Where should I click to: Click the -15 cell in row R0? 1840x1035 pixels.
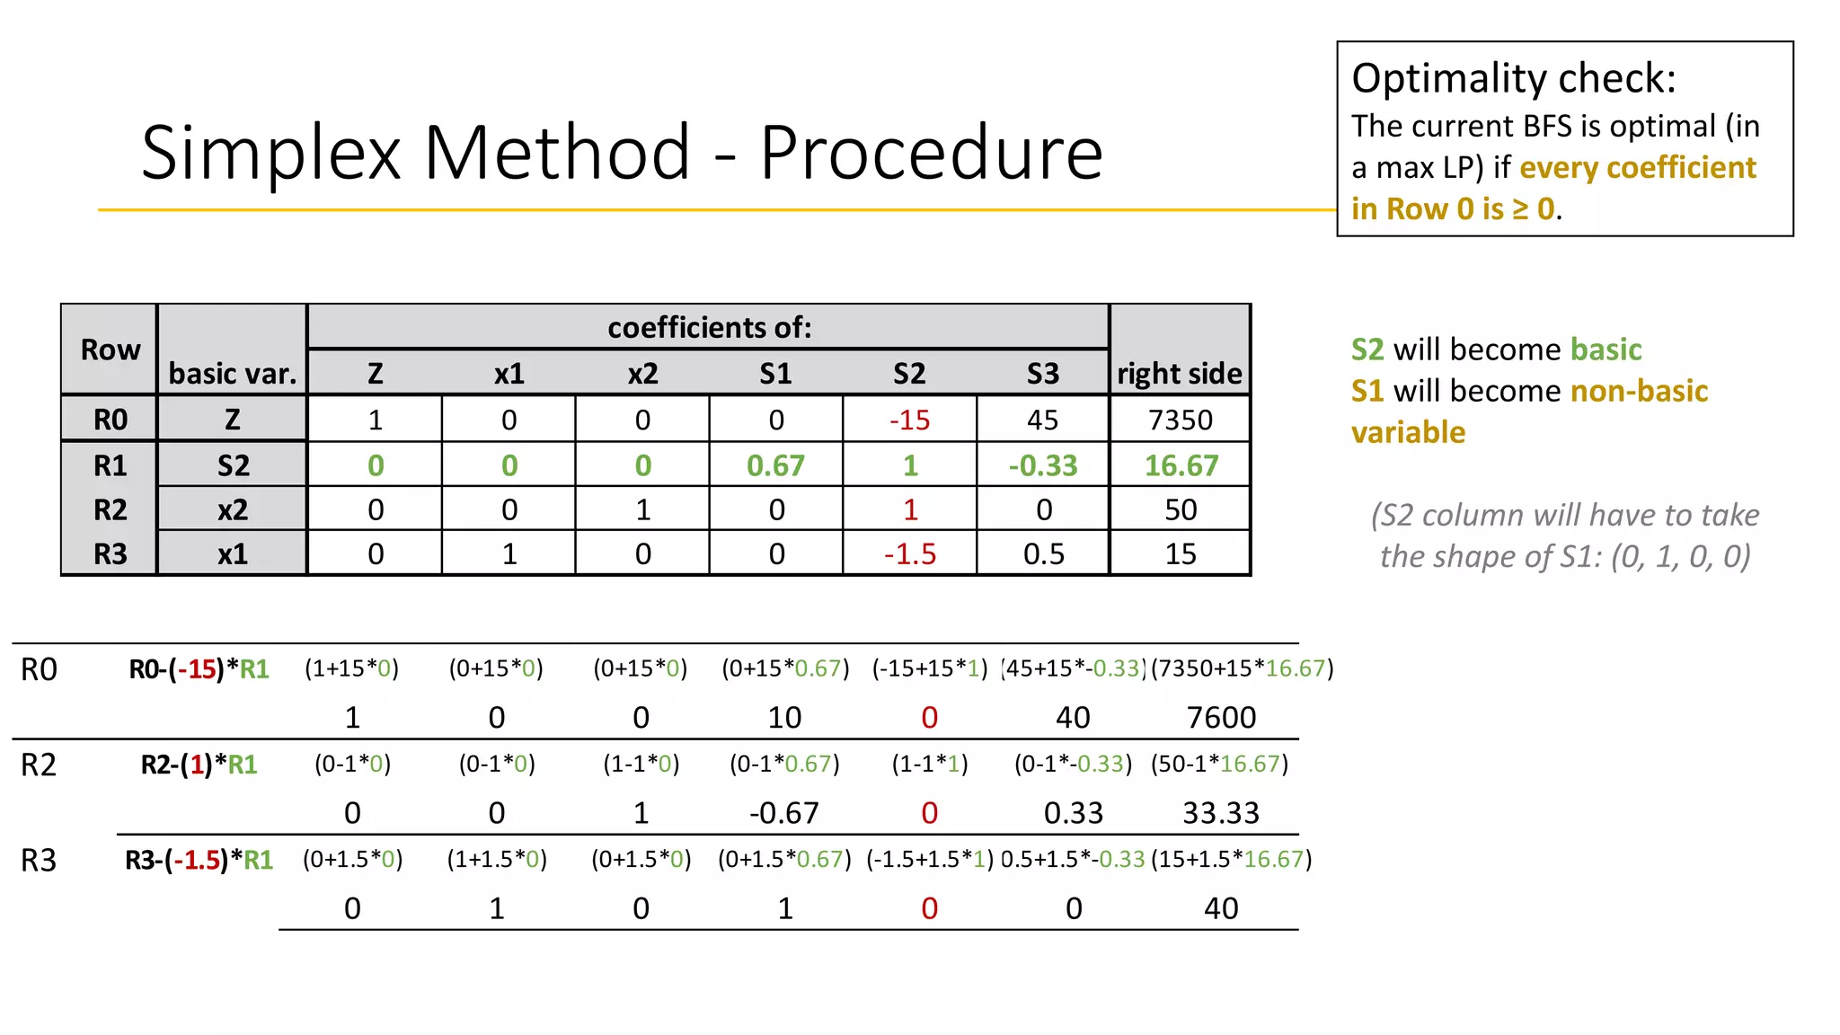(909, 420)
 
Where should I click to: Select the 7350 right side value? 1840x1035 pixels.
(1180, 420)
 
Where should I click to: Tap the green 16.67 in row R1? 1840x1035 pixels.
(1181, 465)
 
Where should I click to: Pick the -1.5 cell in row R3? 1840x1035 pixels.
(909, 553)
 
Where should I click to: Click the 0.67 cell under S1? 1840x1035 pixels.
(775, 465)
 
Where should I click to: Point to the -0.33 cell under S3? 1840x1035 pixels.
(1042, 465)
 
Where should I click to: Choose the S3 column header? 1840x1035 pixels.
(1042, 373)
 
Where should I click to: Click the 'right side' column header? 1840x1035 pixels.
(1179, 373)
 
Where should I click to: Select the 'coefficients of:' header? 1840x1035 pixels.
(709, 327)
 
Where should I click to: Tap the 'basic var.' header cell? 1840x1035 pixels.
(232, 373)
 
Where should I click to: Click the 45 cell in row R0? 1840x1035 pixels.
(1042, 420)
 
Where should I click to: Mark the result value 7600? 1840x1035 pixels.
(1221, 717)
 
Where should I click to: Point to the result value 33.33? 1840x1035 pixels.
(1221, 812)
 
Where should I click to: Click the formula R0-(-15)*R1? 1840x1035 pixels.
(199, 669)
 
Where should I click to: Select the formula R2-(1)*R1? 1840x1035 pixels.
(199, 765)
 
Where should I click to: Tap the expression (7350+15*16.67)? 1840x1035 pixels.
(1242, 668)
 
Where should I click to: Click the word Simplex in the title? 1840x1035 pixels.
(270, 153)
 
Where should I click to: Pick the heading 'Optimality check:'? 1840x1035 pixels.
(1513, 78)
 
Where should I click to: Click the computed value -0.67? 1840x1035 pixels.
(783, 812)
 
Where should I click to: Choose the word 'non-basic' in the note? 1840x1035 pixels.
(1639, 391)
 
